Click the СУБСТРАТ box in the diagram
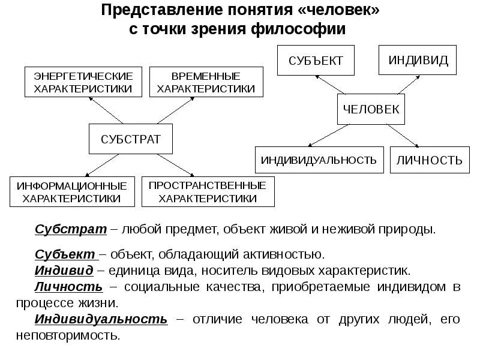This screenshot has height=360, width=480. (131, 140)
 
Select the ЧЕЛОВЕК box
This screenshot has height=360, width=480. (371, 109)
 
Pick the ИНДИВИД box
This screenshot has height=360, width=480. (414, 60)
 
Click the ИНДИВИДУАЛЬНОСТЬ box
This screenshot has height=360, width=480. (319, 160)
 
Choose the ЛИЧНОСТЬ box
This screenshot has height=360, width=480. (430, 160)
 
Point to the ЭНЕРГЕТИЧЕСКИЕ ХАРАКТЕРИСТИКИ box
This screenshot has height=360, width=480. (83, 83)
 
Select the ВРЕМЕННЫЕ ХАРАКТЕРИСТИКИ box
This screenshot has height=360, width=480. (206, 83)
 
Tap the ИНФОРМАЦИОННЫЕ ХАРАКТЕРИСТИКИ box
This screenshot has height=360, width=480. (71, 191)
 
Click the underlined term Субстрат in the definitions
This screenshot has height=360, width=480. (71, 230)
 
